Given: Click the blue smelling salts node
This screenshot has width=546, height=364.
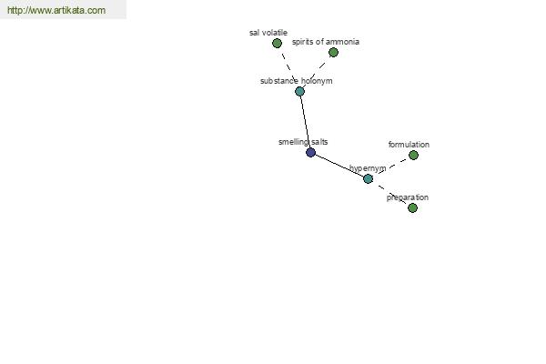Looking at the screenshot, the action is pos(310,153).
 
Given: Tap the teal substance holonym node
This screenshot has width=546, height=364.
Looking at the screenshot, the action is pos(299,92).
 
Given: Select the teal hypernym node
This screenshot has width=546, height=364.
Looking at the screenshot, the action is pos(368,178).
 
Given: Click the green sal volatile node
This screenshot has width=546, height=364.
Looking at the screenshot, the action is pos(277,43).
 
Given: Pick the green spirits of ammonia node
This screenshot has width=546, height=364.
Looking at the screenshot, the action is pos(333,52).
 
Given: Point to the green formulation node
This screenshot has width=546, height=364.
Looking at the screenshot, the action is pos(413,155).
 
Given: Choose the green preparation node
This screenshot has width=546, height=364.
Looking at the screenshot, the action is pos(412,208).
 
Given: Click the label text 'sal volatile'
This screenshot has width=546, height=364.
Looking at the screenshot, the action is pos(268,33).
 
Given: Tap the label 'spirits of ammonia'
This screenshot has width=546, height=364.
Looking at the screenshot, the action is pos(326,42).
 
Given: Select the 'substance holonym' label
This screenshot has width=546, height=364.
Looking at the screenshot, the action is pos(297,81).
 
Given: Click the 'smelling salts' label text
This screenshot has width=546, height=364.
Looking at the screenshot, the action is pos(303,142).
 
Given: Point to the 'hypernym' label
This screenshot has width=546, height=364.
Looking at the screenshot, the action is pos(368,168).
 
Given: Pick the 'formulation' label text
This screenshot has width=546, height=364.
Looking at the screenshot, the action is pos(409,145).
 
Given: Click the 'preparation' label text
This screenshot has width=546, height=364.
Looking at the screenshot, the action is pos(408,197).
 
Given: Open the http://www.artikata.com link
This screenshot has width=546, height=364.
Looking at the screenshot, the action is pos(56,10).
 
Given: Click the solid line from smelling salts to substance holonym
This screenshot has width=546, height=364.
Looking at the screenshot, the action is pos(305,122).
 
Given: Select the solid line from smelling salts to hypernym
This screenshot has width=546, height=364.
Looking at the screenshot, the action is pos(339,166).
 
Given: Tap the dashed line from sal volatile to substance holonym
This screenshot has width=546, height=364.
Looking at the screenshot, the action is pos(288,67).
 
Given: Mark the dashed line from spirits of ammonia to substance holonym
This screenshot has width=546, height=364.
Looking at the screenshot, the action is pos(317,72).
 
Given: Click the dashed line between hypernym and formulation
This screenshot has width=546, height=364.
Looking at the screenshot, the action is pos(390,167).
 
